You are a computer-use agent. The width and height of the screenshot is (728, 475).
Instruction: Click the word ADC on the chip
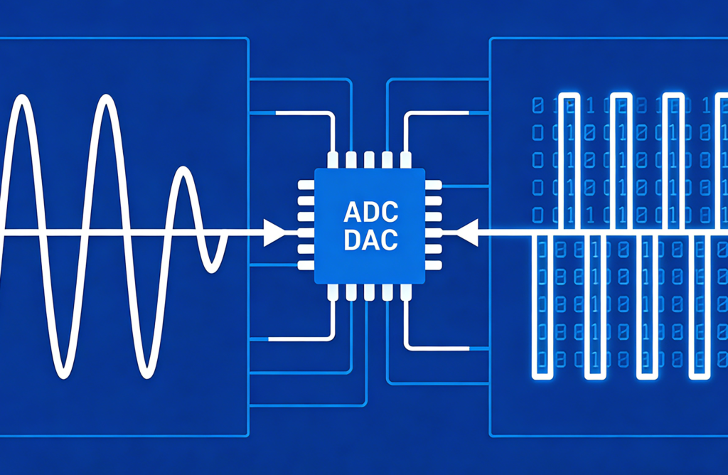(x=370, y=212)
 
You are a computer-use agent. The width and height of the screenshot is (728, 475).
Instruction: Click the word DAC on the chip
(x=370, y=240)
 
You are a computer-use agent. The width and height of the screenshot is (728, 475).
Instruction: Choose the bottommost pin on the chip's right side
(x=433, y=266)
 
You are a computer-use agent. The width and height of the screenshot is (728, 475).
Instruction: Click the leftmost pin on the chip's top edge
(x=333, y=159)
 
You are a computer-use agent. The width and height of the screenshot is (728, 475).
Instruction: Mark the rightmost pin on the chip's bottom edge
(x=406, y=292)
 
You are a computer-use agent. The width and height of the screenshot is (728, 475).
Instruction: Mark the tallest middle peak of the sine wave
(x=107, y=100)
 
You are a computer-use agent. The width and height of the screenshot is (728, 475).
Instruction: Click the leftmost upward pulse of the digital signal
(x=567, y=96)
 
